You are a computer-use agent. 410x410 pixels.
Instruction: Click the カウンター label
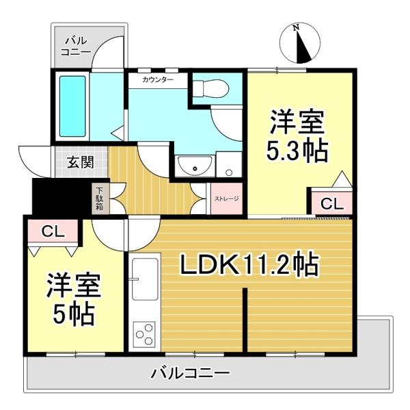coord(157,80)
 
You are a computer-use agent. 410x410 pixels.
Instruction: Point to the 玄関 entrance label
coord(80,163)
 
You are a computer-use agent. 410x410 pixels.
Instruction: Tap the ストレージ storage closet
coord(227,199)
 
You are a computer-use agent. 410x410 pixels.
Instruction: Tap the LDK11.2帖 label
coord(249,264)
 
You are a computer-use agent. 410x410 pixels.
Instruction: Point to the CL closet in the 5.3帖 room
coord(332,203)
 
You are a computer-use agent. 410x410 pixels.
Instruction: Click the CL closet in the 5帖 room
coord(53,231)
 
